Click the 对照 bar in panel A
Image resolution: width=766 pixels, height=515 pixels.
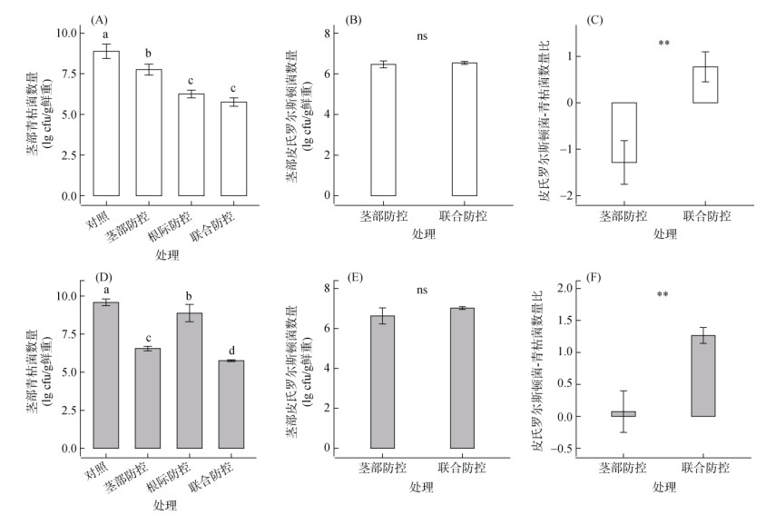[106, 124]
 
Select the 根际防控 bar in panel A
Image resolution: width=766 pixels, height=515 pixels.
[191, 144]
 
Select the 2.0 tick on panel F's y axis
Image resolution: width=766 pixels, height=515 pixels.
[559, 288]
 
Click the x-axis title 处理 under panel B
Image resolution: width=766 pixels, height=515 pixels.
[422, 235]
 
